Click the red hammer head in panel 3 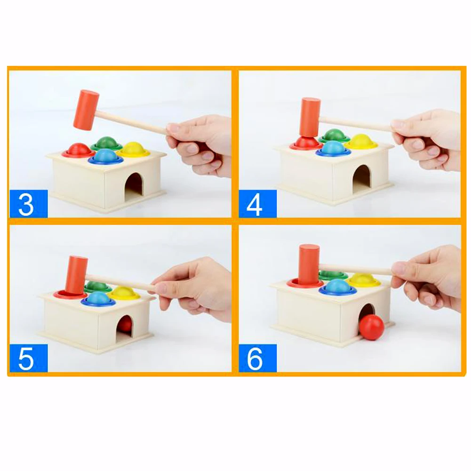[x=86, y=110]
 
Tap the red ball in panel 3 [x=78, y=149]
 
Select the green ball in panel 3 [x=107, y=142]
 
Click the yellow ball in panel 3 [x=133, y=148]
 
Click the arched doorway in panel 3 [x=134, y=184]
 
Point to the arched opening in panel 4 [x=362, y=179]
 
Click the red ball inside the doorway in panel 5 [x=125, y=325]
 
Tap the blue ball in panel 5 [x=98, y=297]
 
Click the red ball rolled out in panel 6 [x=372, y=327]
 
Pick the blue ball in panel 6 [x=337, y=286]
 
